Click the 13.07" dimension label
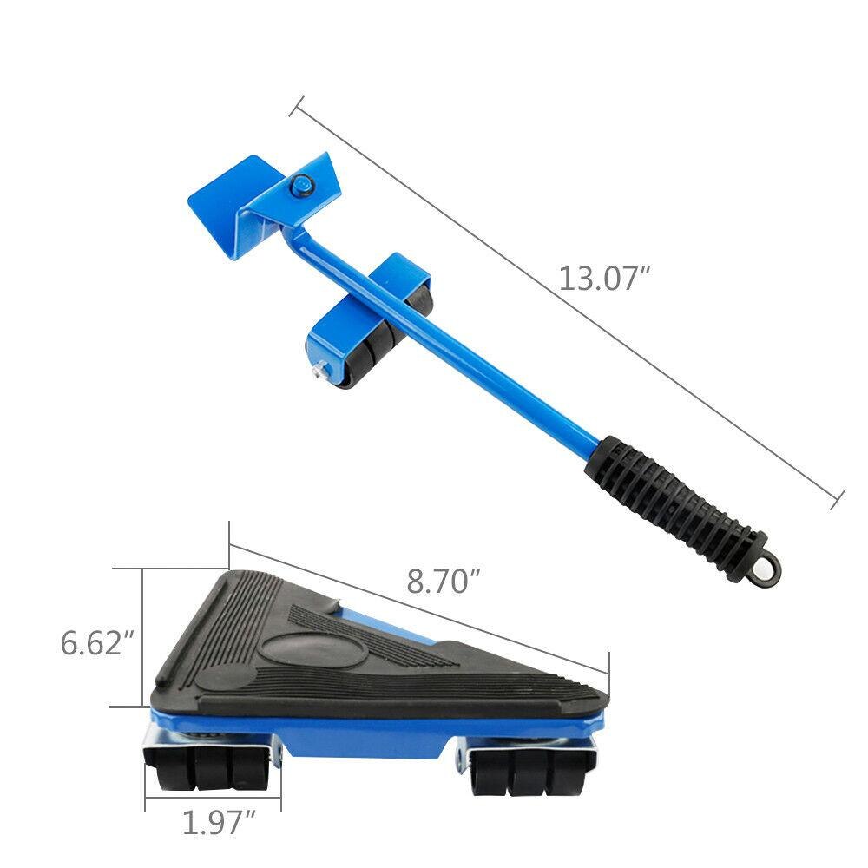click(x=604, y=279)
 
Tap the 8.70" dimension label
click(x=444, y=581)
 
